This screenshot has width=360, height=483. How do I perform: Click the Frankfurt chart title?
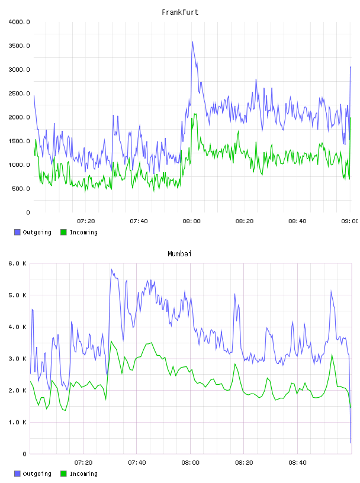pos(180,12)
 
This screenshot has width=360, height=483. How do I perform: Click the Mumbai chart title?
pos(179,254)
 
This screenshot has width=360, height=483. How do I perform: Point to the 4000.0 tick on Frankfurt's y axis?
pos(19,22)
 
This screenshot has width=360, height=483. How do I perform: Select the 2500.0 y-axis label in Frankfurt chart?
pos(19,94)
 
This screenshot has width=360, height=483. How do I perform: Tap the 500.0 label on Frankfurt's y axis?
pos(21,188)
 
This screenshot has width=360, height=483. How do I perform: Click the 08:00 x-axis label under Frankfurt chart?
pos(191,221)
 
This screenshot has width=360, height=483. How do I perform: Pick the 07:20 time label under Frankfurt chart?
pos(86,221)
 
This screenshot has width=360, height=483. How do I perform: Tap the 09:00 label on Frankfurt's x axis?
pos(350,221)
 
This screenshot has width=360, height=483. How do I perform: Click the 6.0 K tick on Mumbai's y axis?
pos(17,263)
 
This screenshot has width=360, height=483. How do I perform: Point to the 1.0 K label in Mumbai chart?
pos(17,422)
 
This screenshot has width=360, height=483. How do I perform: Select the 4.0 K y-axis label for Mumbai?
pos(17,327)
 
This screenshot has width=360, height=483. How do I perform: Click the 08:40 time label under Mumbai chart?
pos(297,463)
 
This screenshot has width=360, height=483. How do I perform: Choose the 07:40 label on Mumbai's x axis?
pos(137,463)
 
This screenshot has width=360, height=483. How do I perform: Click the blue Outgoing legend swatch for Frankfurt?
pos(17,232)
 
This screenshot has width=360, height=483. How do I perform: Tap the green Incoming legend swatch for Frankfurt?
pos(63,232)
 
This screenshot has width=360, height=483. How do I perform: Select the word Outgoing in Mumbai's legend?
pos(37,474)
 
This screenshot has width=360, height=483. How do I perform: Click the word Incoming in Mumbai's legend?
pos(83,474)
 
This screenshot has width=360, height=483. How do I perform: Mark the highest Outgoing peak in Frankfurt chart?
pos(192,42)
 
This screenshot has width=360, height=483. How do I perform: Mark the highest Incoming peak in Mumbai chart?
pos(111,341)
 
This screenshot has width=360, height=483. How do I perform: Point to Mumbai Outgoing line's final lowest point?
pos(351,443)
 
